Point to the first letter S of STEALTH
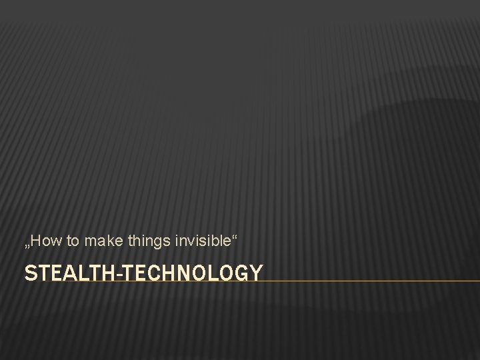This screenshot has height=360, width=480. click(29, 273)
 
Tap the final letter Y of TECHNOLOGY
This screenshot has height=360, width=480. click(255, 273)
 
